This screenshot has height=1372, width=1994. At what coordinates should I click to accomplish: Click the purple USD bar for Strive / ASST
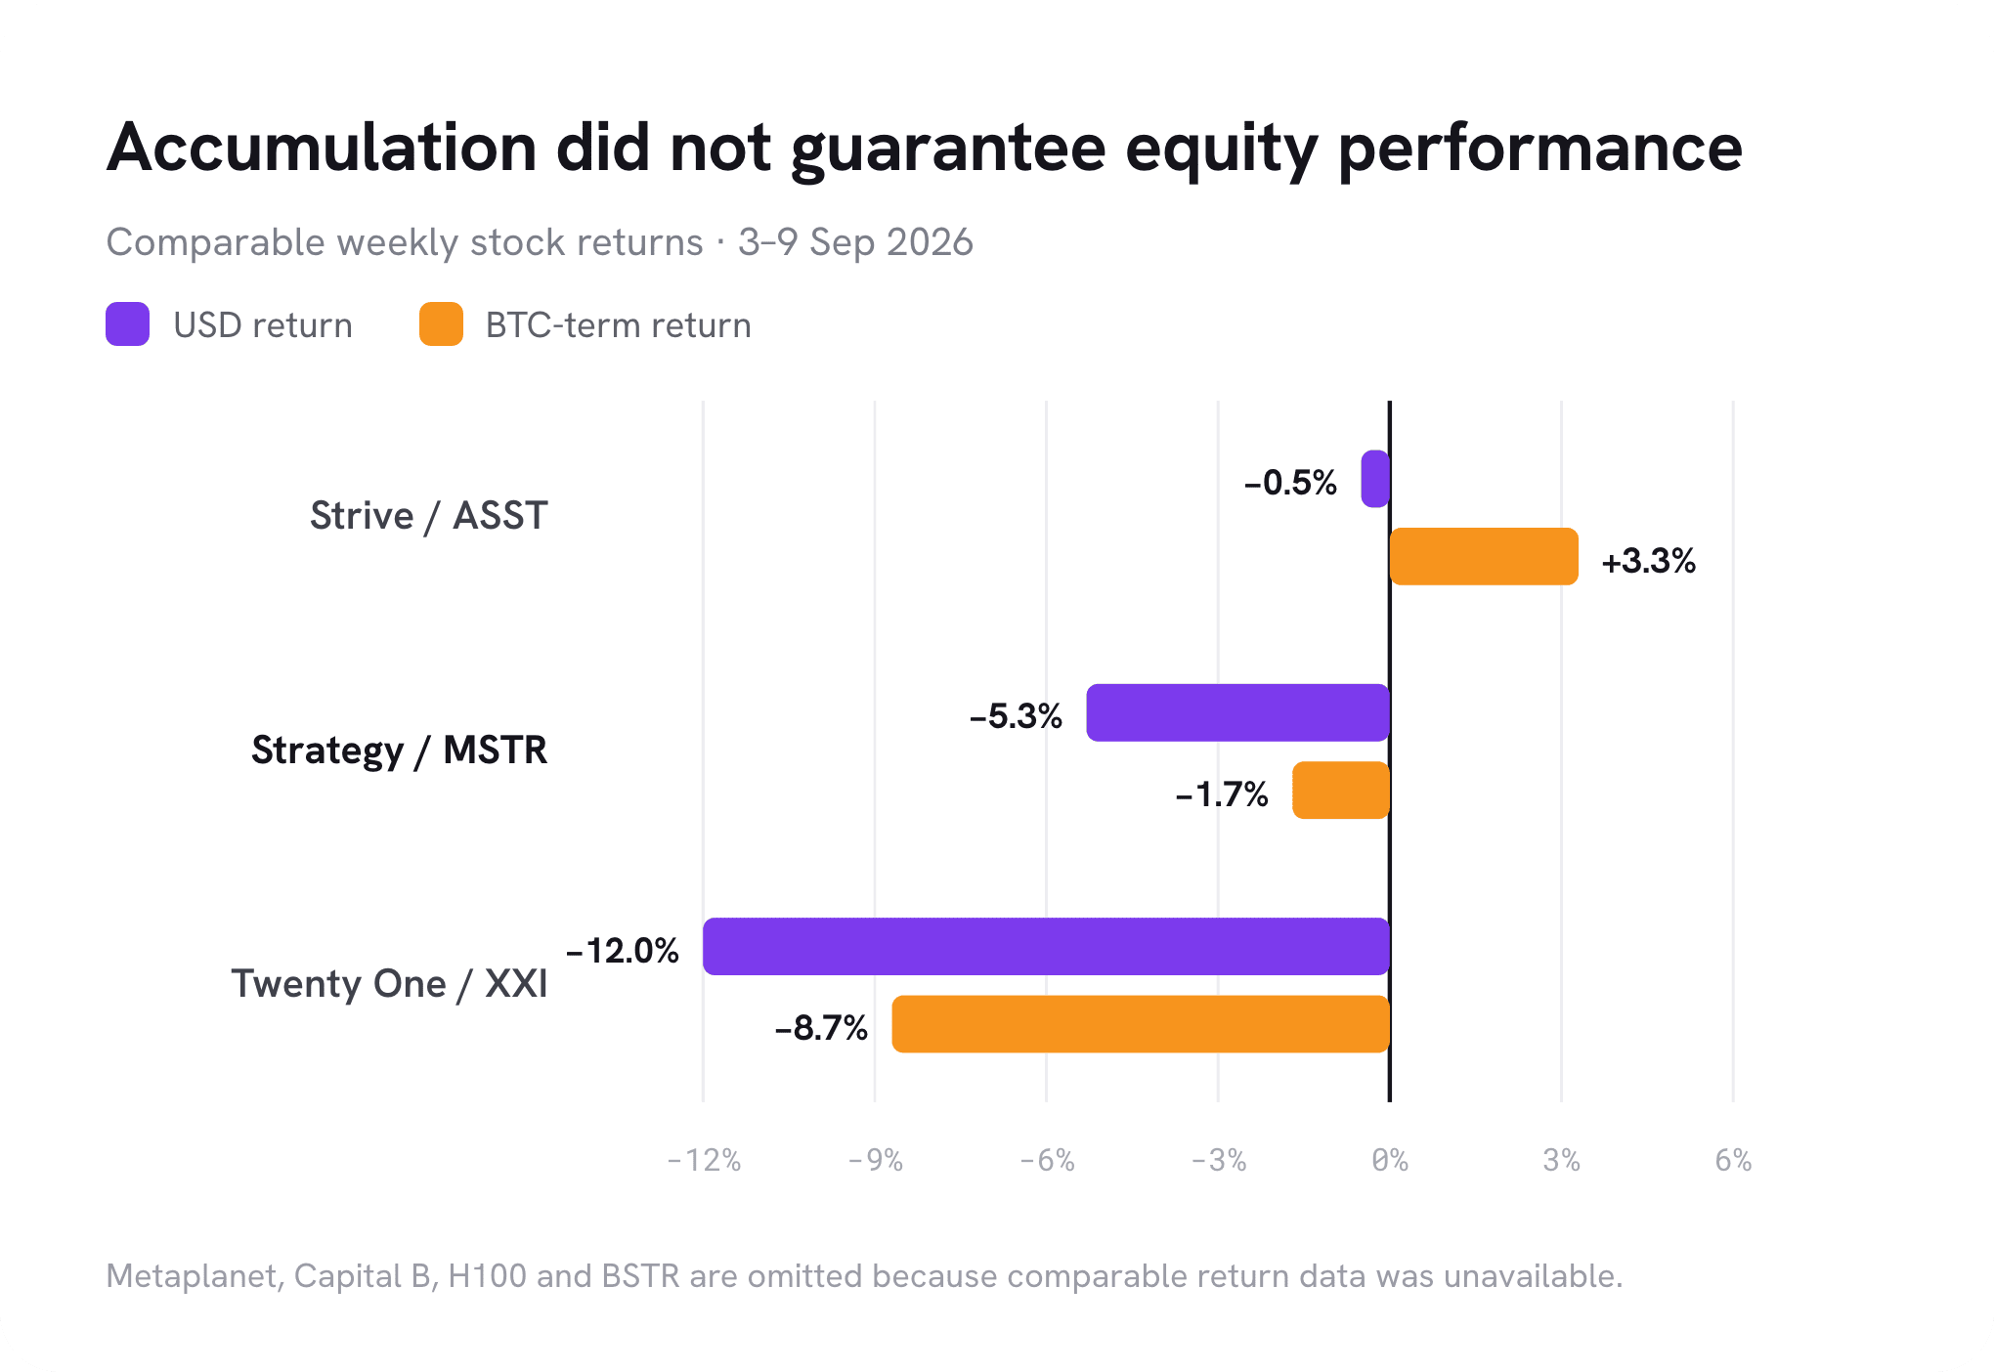(x=1375, y=479)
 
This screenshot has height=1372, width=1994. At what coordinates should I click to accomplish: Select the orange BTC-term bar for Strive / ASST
(x=1484, y=556)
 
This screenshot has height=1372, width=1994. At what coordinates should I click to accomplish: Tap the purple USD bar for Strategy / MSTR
(x=1238, y=712)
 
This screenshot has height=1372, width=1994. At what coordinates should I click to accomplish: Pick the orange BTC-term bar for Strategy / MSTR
(x=1341, y=790)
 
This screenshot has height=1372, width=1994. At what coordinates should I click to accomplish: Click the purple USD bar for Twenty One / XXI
(x=1046, y=946)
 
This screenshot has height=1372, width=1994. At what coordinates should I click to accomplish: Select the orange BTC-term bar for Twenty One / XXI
(x=1141, y=1024)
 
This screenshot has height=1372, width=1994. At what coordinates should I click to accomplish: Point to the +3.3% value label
(x=1648, y=561)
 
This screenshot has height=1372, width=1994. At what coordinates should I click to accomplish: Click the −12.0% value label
(x=623, y=951)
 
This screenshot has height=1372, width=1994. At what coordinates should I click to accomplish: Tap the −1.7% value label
(x=1222, y=794)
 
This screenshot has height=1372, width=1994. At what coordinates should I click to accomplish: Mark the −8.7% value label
(x=821, y=1028)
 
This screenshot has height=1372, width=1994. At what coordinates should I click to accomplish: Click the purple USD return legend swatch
(x=127, y=324)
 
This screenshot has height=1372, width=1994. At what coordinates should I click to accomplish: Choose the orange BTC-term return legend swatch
(x=441, y=324)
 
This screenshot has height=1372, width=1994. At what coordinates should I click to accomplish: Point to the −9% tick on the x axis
(x=875, y=1160)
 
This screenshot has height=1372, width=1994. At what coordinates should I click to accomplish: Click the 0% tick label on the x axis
(x=1390, y=1160)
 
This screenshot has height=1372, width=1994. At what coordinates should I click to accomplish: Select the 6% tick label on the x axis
(x=1733, y=1160)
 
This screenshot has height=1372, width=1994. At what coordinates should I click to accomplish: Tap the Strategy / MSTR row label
(x=399, y=750)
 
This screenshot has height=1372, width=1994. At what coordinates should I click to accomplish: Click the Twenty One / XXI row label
(x=389, y=984)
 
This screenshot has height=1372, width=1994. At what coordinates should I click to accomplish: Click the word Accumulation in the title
(x=323, y=149)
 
